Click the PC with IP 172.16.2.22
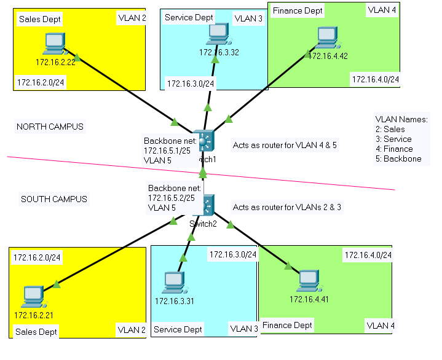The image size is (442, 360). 55,43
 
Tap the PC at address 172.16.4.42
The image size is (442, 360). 326,38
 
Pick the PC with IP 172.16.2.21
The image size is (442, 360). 31,296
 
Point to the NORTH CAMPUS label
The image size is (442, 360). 50,127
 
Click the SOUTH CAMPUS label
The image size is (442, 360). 54,199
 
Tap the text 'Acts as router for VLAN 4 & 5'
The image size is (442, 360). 285,146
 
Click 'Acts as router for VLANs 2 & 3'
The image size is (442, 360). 287,207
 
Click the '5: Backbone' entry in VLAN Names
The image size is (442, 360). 398,158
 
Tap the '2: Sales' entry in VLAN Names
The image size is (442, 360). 390,129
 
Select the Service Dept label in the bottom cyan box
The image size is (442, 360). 178,329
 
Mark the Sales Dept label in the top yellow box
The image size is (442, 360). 40,19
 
